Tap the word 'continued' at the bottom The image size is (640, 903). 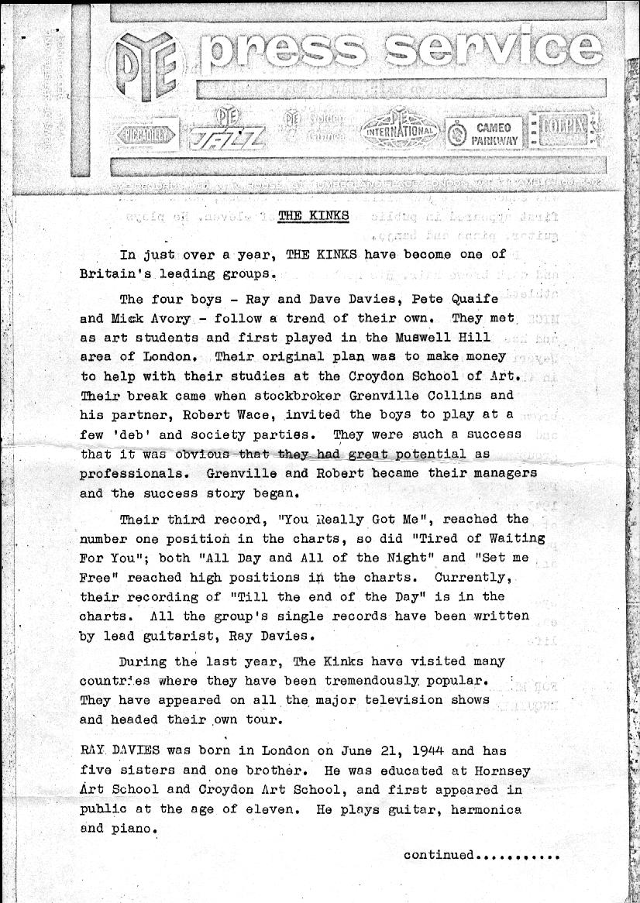pos(438,855)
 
